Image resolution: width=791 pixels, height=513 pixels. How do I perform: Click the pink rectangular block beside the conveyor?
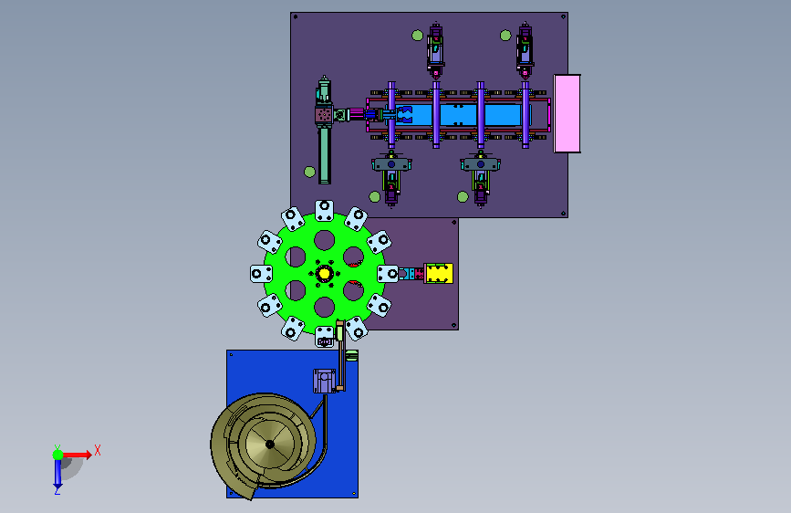click(567, 113)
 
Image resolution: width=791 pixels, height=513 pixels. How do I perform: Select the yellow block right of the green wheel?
click(438, 273)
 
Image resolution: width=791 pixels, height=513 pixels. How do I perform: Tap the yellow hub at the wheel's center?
click(324, 274)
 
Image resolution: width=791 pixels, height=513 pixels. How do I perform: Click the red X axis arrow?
click(77, 455)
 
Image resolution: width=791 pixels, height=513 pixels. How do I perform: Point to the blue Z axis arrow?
click(57, 474)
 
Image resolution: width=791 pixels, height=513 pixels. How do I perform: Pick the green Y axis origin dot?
click(57, 455)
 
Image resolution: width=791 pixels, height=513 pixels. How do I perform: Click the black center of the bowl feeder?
click(270, 445)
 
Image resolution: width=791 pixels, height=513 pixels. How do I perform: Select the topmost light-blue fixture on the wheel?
click(325, 210)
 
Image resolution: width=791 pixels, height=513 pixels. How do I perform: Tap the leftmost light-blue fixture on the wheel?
click(261, 274)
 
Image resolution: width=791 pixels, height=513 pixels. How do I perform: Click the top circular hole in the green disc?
click(325, 240)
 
